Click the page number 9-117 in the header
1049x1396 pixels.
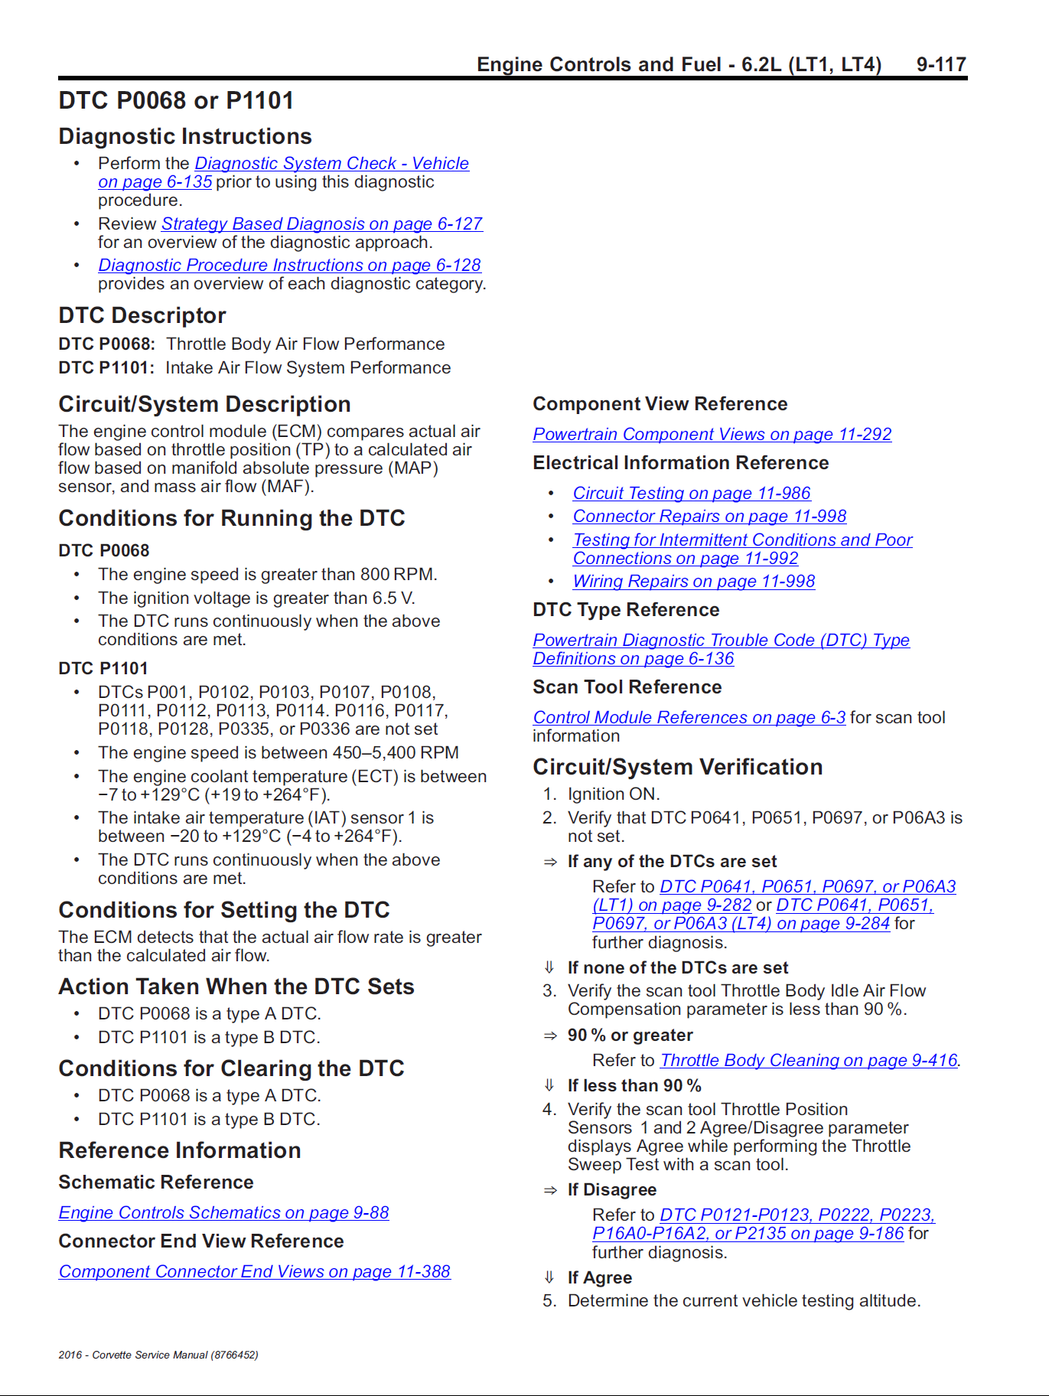pos(941,64)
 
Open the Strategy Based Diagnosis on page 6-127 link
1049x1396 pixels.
pos(321,223)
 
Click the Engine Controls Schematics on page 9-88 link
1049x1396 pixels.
pos(223,1212)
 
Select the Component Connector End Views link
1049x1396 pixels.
pos(254,1271)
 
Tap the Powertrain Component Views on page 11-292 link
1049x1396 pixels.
pos(712,434)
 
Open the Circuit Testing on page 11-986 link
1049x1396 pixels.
pos(691,493)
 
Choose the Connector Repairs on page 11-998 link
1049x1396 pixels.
pos(709,516)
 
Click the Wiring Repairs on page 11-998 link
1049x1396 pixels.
pos(693,581)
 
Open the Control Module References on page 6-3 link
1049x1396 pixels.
pos(689,717)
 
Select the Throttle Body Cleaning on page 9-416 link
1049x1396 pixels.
pos(808,1060)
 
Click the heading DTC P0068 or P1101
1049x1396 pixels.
pos(176,100)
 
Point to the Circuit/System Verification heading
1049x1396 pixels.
pos(677,767)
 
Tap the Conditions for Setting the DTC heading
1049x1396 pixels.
pos(224,910)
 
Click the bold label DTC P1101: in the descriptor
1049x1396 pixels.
pos(106,367)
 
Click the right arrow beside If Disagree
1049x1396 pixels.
pos(550,1190)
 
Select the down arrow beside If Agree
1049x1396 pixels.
pos(549,1277)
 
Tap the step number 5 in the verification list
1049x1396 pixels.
pos(549,1301)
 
